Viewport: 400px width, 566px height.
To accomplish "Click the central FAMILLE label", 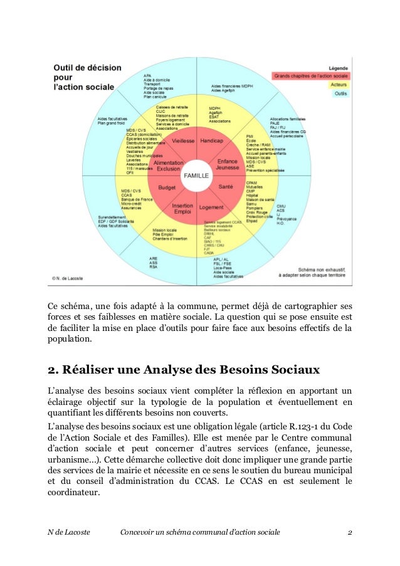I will [x=195, y=176].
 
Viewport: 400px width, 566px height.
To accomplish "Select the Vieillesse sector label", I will [x=183, y=141].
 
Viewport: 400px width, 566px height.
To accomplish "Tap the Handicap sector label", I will [x=211, y=141].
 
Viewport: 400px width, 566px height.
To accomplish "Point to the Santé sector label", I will [x=226, y=187].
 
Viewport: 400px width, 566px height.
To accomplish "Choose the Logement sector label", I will [x=211, y=207].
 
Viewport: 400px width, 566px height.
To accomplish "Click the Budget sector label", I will [x=167, y=187].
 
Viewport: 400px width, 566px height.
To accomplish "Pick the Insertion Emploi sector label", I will [x=182, y=209].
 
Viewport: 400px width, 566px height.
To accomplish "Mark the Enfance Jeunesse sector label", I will [x=227, y=165].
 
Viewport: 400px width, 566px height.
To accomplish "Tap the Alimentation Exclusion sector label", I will [x=168, y=165].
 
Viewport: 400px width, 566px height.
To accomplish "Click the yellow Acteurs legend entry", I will [x=339, y=85].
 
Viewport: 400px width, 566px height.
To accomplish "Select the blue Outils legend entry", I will [x=340, y=93].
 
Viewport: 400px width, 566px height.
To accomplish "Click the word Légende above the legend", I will [x=339, y=68].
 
